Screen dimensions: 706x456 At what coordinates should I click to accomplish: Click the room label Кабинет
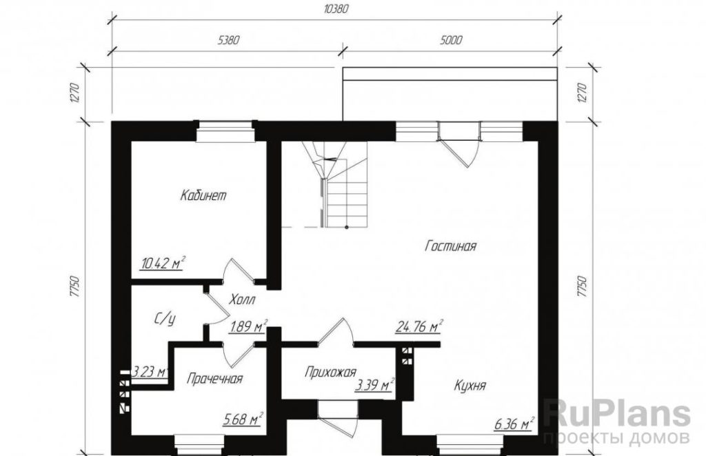tap(203, 195)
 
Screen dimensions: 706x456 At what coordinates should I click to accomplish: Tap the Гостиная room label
tap(451, 246)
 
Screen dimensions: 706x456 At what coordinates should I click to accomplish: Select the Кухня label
tap(470, 386)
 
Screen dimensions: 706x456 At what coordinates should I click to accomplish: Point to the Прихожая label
tap(330, 373)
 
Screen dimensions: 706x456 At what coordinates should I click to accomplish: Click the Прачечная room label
tap(215, 379)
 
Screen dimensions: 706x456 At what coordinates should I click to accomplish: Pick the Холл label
tap(242, 299)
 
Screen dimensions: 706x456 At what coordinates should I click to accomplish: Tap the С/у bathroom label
tap(165, 319)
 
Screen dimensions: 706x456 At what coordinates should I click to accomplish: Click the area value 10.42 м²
tap(163, 263)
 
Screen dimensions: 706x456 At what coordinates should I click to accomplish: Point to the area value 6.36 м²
tap(514, 424)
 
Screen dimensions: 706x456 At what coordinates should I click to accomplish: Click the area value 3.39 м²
tap(374, 385)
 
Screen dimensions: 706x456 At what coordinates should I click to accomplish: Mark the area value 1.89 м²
tap(249, 326)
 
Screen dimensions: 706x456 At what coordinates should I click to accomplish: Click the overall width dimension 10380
tap(336, 9)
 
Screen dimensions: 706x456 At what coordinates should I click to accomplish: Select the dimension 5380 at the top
tap(228, 40)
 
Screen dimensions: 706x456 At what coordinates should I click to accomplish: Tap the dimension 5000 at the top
tap(451, 40)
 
